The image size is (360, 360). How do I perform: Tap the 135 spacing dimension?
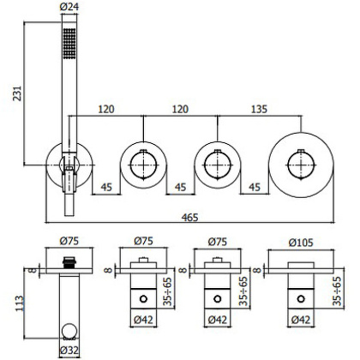(x=256, y=111)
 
